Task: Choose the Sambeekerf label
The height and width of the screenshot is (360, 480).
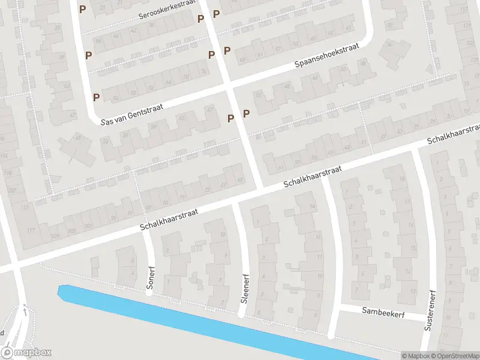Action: coord(384,311)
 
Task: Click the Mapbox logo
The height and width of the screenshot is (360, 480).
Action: coord(26,353)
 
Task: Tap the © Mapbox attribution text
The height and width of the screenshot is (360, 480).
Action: coord(415,356)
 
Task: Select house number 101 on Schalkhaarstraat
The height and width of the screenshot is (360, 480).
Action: coord(89,226)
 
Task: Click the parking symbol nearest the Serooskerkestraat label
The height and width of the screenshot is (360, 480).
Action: coord(201,19)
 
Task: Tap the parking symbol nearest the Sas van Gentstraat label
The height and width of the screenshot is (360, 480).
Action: coord(96,97)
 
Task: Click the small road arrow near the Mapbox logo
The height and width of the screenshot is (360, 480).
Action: coord(24,310)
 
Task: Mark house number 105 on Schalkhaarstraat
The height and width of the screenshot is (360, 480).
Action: coord(73,231)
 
